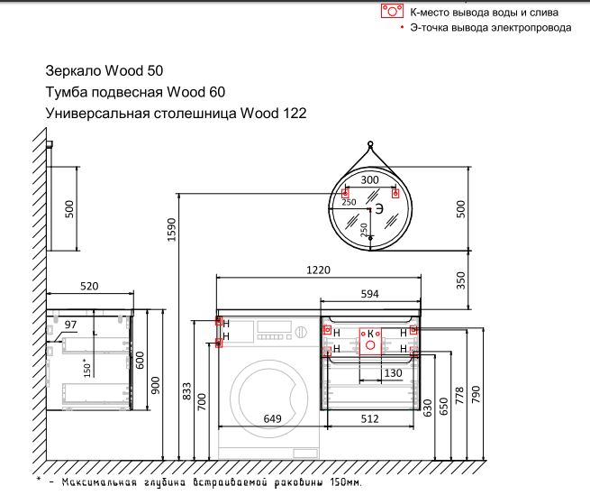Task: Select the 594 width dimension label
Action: pyautogui.click(x=370, y=294)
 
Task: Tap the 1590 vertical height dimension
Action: pyautogui.click(x=172, y=234)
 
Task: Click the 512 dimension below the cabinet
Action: pyautogui.click(x=369, y=417)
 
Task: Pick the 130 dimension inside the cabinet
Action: pyautogui.click(x=393, y=371)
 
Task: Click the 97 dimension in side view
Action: pyautogui.click(x=72, y=324)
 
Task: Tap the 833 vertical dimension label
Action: pyautogui.click(x=186, y=391)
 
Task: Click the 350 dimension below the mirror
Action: pyautogui.click(x=462, y=280)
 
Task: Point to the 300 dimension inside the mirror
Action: pyautogui.click(x=369, y=180)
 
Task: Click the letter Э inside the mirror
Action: pyautogui.click(x=379, y=208)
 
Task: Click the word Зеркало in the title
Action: pyautogui.click(x=73, y=70)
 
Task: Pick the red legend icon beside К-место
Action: pyautogui.click(x=391, y=12)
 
